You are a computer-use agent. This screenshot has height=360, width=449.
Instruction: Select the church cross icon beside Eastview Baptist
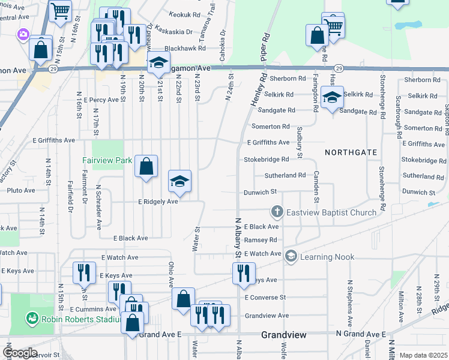click(277, 211)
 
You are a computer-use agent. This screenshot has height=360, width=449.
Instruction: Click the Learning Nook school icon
click(291, 256)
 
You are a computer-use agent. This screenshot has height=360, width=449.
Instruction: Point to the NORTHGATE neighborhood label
click(351, 153)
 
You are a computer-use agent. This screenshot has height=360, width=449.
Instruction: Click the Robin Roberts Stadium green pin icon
click(31, 318)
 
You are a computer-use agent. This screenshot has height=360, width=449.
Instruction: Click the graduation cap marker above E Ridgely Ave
click(179, 182)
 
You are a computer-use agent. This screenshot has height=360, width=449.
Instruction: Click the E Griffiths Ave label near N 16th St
click(54, 140)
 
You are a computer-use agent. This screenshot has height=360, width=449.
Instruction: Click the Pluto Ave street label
click(20, 190)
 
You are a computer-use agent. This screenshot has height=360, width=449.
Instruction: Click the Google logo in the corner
click(20, 353)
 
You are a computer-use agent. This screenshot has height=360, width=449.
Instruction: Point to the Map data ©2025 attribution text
click(423, 355)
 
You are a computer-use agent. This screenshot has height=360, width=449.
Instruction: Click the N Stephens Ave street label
click(349, 300)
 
